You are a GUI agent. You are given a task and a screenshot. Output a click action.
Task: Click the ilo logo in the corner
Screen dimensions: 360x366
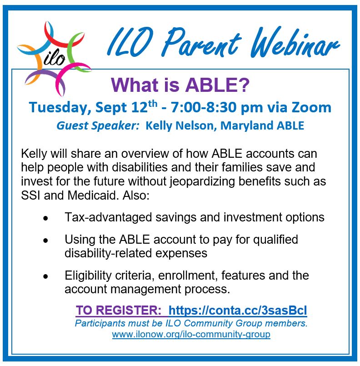54,58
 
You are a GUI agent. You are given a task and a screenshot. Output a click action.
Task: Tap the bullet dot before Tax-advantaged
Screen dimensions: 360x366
45,219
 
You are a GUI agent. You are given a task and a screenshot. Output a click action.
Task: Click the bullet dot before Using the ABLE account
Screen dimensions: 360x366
45,241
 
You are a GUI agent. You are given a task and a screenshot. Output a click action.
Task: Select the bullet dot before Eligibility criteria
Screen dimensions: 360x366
45,276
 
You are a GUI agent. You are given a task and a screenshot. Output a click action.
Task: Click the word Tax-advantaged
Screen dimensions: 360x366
108,217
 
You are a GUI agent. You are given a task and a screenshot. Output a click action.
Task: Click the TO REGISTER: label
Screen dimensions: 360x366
118,310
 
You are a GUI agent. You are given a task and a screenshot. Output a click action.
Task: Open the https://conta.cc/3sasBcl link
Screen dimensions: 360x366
238,310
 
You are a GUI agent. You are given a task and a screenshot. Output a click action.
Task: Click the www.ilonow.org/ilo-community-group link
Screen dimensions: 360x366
191,334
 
